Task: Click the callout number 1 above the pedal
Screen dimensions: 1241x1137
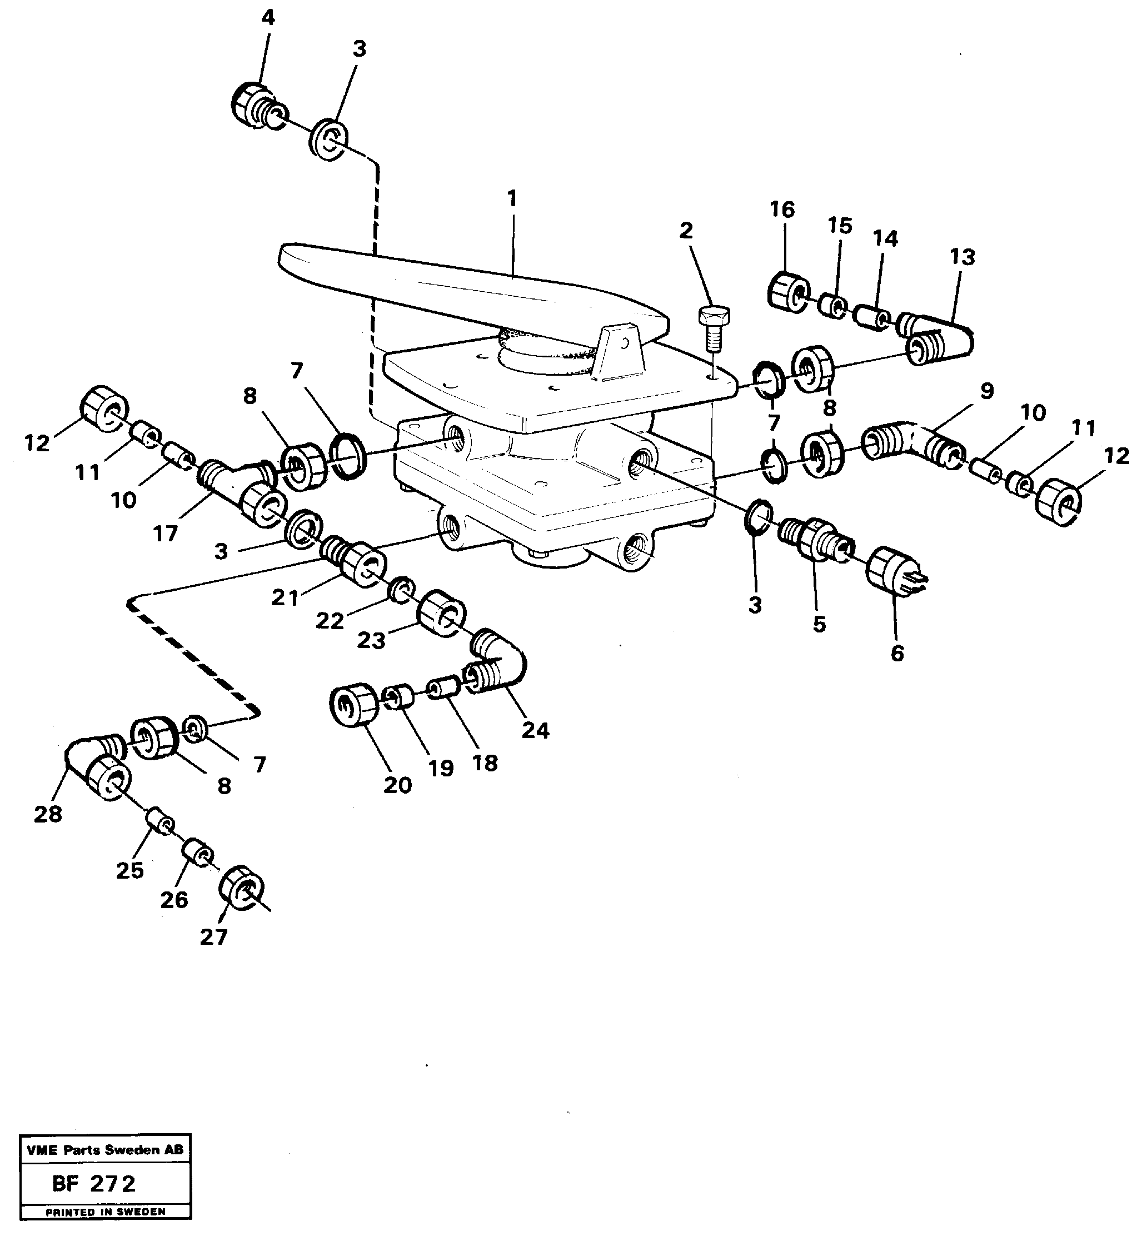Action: (512, 198)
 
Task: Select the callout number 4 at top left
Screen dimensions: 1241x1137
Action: (268, 18)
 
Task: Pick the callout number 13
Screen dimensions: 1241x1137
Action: (962, 257)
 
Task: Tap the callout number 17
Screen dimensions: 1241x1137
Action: (165, 533)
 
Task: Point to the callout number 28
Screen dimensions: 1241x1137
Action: (48, 814)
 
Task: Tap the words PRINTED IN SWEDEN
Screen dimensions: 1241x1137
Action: (105, 1212)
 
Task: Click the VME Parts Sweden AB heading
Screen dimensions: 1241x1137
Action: (105, 1150)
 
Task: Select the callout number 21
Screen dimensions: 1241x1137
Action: (285, 596)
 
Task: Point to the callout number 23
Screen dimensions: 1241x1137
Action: (371, 640)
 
